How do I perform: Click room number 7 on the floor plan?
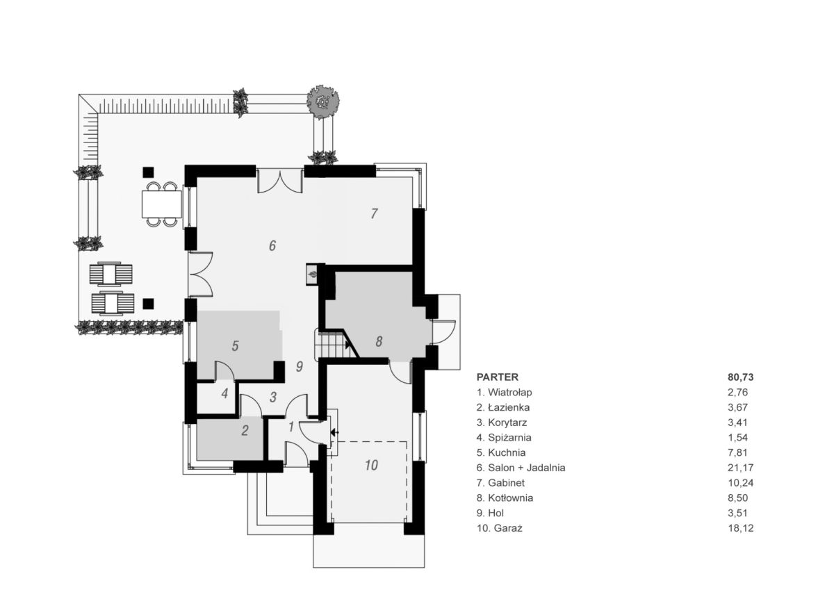374,213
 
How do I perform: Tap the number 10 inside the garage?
371,465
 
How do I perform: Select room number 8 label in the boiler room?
379,341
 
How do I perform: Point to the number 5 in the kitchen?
236,345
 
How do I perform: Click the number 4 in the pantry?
224,393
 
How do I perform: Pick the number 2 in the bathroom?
245,431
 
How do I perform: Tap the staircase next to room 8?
332,344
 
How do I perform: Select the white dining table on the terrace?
161,204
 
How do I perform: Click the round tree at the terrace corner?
322,102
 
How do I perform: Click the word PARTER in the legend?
498,377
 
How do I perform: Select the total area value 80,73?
741,377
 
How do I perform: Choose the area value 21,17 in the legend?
741,468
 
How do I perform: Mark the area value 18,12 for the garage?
741,528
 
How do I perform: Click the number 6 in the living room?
272,245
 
